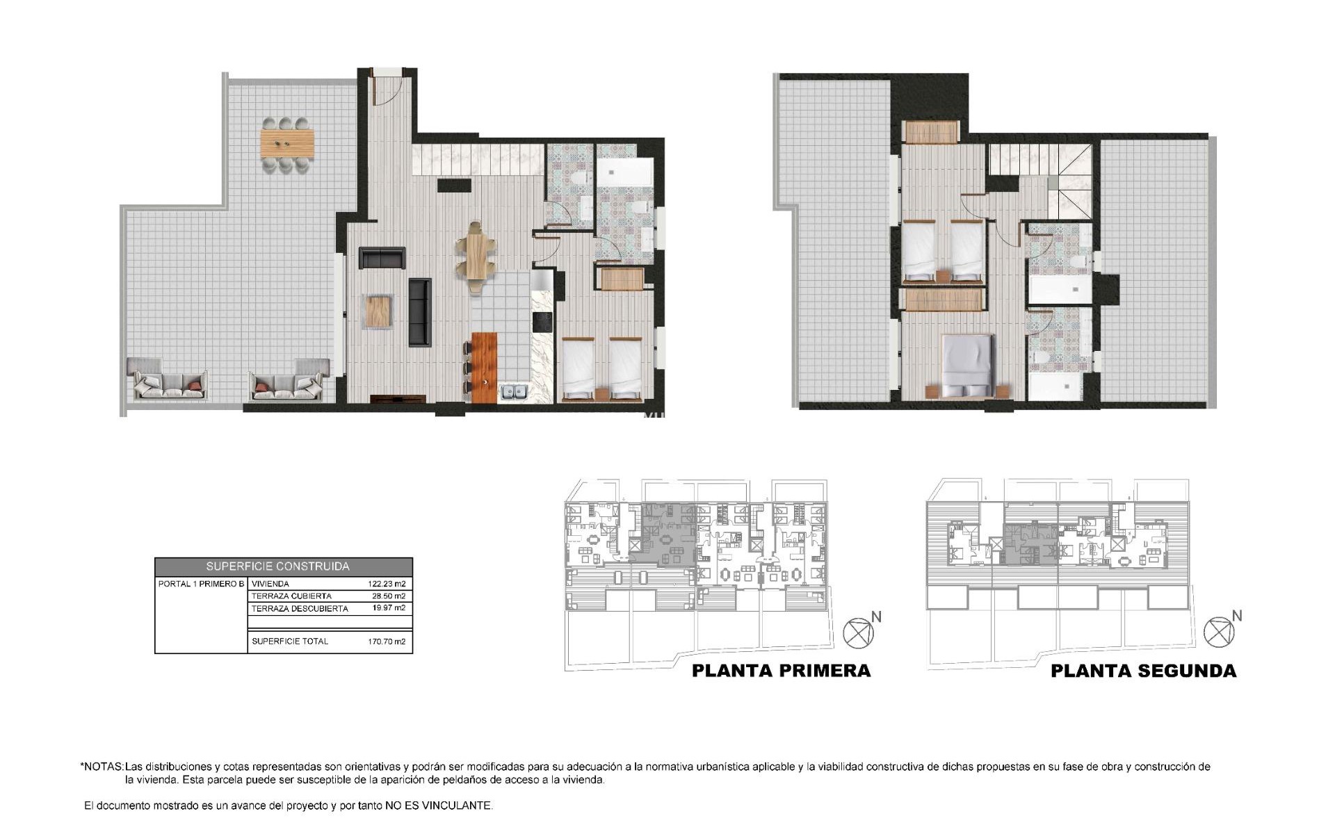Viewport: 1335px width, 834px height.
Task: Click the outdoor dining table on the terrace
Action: coord(286,143)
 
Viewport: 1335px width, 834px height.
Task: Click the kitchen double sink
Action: coord(514,393)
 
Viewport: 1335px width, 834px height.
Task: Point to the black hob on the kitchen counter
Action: coord(542,322)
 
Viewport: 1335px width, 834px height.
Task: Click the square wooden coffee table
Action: coord(379,311)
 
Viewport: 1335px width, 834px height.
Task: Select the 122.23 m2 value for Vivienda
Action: coord(386,584)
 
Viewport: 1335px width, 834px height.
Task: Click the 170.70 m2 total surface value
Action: coord(386,641)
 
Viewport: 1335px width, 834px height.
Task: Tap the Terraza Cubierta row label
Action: coord(291,596)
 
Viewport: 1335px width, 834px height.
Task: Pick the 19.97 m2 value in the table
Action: coord(388,608)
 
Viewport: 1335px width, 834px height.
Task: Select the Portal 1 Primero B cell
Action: coord(201,584)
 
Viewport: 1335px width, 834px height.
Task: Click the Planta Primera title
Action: coord(781,671)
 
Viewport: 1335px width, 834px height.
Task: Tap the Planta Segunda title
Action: coord(1143,671)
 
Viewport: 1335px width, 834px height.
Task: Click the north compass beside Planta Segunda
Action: coord(1220,631)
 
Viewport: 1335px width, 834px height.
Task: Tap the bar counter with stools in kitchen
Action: coord(484,368)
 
